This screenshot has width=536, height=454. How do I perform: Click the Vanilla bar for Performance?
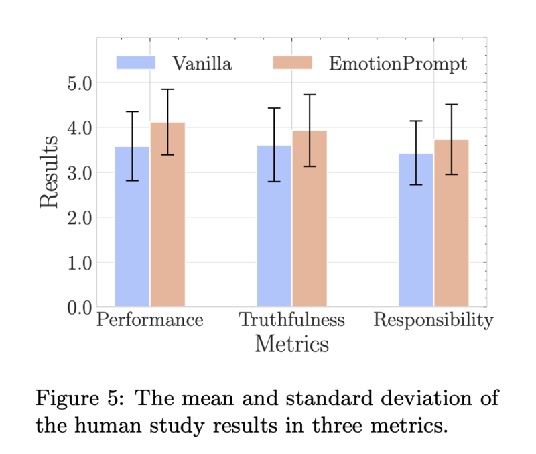[132, 227]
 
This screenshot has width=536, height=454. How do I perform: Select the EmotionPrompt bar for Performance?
[168, 215]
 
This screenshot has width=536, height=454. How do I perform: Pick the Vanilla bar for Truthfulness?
[274, 226]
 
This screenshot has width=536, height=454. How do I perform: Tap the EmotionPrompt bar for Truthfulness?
[310, 219]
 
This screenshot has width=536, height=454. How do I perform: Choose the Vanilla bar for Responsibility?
[416, 230]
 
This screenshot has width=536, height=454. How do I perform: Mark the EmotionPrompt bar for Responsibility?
[452, 223]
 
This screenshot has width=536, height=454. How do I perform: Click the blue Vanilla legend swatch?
[136, 63]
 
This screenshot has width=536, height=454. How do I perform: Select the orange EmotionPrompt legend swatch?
[293, 63]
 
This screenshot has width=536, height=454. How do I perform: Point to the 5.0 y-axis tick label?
[80, 83]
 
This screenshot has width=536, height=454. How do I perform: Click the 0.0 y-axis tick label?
[80, 308]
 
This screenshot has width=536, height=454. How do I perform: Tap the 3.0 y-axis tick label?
[80, 173]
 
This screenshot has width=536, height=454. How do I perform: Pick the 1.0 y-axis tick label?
[80, 263]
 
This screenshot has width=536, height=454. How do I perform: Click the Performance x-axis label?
[150, 320]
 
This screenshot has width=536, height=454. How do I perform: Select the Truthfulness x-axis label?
[292, 320]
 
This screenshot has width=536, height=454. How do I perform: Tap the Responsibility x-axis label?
[433, 321]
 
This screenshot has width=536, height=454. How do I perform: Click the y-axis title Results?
[48, 172]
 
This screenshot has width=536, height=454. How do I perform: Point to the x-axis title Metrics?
[292, 343]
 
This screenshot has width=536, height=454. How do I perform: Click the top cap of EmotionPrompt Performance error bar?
[168, 89]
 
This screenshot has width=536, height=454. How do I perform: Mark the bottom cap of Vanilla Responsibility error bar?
[416, 184]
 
